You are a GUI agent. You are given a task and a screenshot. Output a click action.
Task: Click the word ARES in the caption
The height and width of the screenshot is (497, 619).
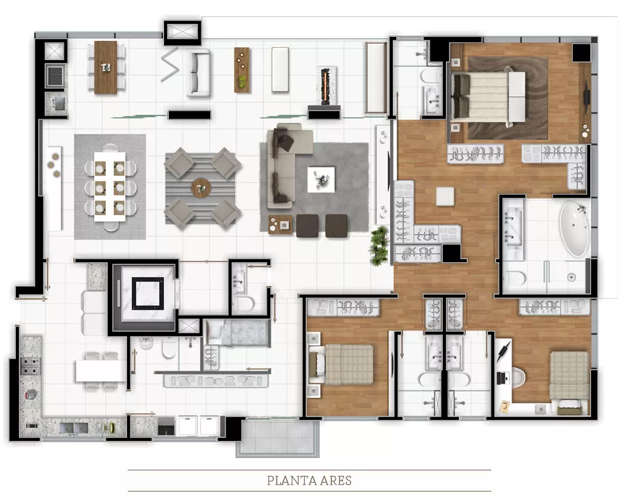click(331, 481)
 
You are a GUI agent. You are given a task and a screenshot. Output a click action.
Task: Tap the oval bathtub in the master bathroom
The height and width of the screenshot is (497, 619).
click(575, 229)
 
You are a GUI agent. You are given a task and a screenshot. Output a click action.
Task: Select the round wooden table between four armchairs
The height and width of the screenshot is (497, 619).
click(201, 188)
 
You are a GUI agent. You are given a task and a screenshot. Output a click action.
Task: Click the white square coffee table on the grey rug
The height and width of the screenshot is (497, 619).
click(321, 180)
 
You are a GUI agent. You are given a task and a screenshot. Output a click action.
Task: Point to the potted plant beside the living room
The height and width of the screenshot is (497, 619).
click(379, 246)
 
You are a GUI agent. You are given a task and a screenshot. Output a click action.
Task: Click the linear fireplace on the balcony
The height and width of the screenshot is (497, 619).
click(326, 86)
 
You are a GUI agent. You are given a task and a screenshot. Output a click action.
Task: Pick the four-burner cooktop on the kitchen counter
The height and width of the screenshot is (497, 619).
click(30, 366)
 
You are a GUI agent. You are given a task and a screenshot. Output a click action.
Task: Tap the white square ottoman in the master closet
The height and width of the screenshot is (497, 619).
click(445, 197)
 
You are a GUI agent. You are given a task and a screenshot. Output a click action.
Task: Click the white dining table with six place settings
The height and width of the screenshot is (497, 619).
click(110, 187)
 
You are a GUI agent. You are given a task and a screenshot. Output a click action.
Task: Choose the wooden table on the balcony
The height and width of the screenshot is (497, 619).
click(106, 68)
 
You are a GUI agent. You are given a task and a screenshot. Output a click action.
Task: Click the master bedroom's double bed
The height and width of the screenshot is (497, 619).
click(489, 97)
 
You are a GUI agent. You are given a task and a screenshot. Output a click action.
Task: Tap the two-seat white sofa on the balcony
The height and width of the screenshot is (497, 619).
click(198, 73)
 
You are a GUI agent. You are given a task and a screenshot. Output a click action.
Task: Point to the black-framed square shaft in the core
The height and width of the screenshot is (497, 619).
click(148, 294)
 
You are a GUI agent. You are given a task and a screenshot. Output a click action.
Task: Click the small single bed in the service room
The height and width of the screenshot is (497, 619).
click(238, 333)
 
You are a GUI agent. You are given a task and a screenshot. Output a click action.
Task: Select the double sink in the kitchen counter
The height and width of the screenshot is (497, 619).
click(74, 427)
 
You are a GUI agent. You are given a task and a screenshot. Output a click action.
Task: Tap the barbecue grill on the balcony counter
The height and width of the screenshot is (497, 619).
click(55, 76)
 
